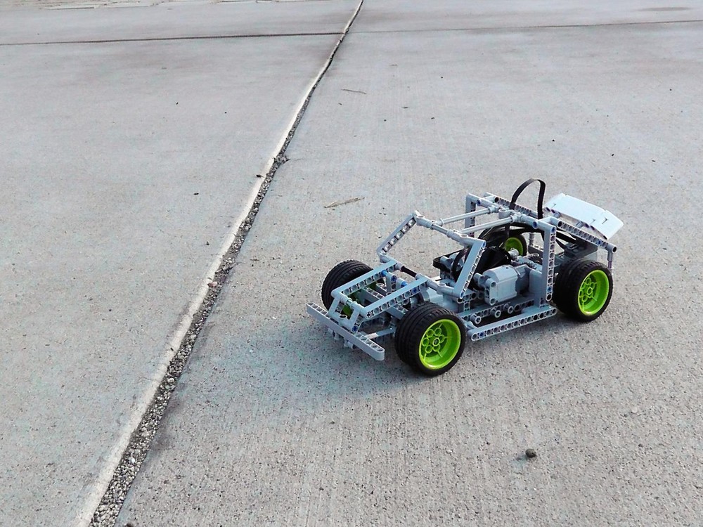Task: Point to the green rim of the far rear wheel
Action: (515, 245)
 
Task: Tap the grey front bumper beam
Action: (345, 331)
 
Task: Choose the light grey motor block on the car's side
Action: (503, 282)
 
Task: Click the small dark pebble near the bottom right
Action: (530, 453)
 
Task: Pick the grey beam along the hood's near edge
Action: (394, 299)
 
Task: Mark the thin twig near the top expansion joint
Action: (354, 91)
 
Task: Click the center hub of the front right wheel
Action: (440, 344)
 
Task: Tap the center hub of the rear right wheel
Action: (594, 291)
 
